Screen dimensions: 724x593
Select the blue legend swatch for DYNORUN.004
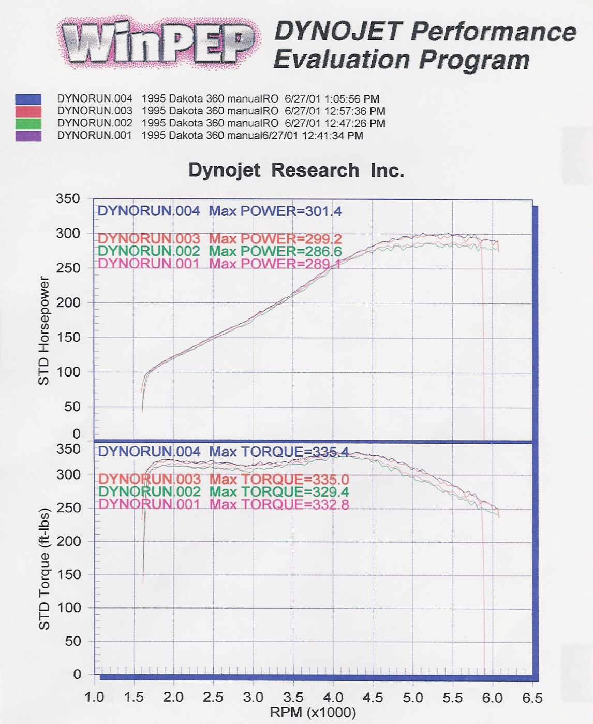click(x=28, y=99)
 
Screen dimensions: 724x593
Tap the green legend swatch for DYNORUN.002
click(x=28, y=124)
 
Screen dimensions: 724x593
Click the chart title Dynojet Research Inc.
click(x=296, y=170)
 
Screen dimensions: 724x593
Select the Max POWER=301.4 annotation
click(x=275, y=211)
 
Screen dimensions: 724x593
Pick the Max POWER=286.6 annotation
click(x=275, y=251)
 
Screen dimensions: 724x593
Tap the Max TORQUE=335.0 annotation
click(x=279, y=479)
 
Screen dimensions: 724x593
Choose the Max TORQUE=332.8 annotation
click(x=279, y=504)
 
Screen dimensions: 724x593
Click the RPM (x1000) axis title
click(x=313, y=713)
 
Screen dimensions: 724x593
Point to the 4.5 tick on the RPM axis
click(x=373, y=698)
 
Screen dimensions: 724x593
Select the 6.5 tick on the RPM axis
click(x=532, y=698)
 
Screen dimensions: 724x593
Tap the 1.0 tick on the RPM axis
click(x=94, y=698)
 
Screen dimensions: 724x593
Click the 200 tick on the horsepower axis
click(x=68, y=302)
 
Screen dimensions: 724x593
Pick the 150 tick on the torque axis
click(x=69, y=574)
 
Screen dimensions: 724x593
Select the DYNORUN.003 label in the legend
click(x=95, y=111)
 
